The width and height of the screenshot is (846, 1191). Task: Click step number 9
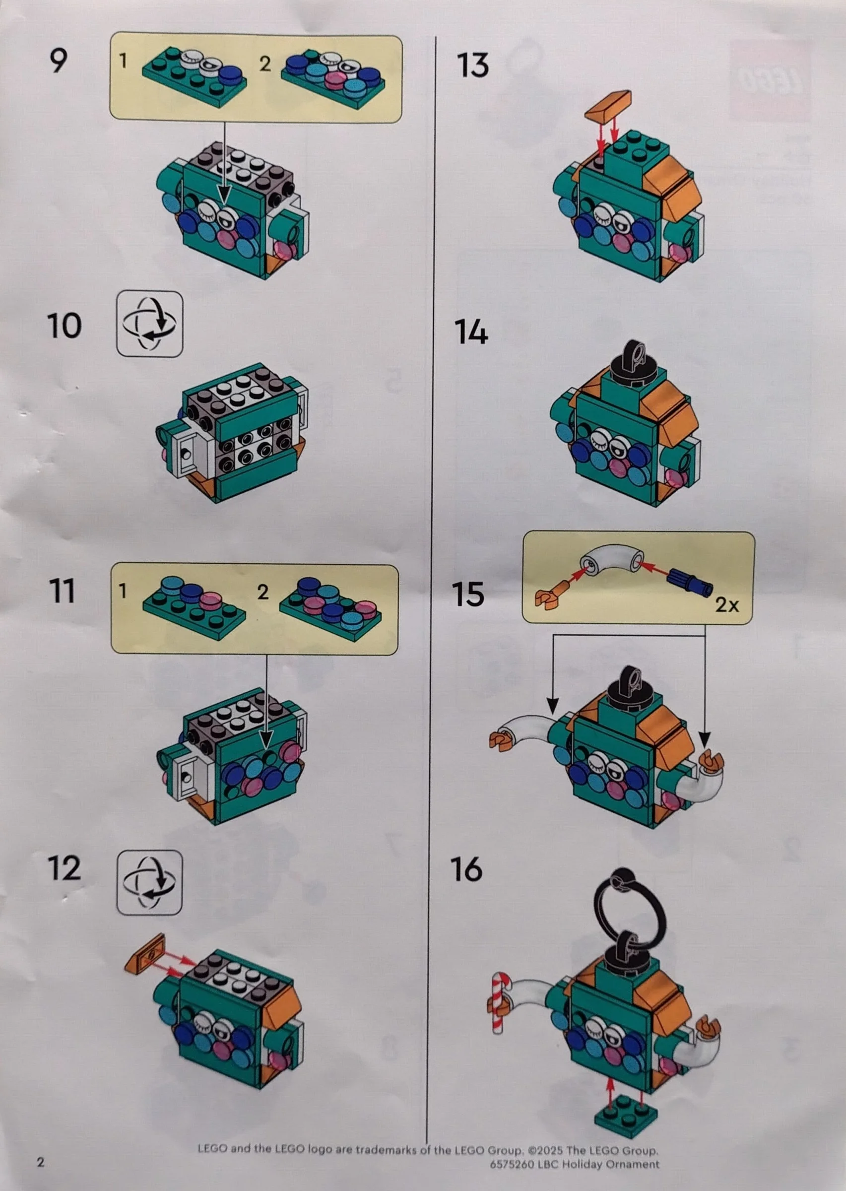pos(59,61)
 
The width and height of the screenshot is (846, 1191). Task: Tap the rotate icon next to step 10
pos(149,324)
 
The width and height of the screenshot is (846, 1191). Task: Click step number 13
pos(472,66)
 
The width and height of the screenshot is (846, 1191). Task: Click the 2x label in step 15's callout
pos(727,604)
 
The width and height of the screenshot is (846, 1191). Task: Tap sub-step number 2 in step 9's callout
pos(264,64)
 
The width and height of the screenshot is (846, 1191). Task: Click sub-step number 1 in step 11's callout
pos(123,591)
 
